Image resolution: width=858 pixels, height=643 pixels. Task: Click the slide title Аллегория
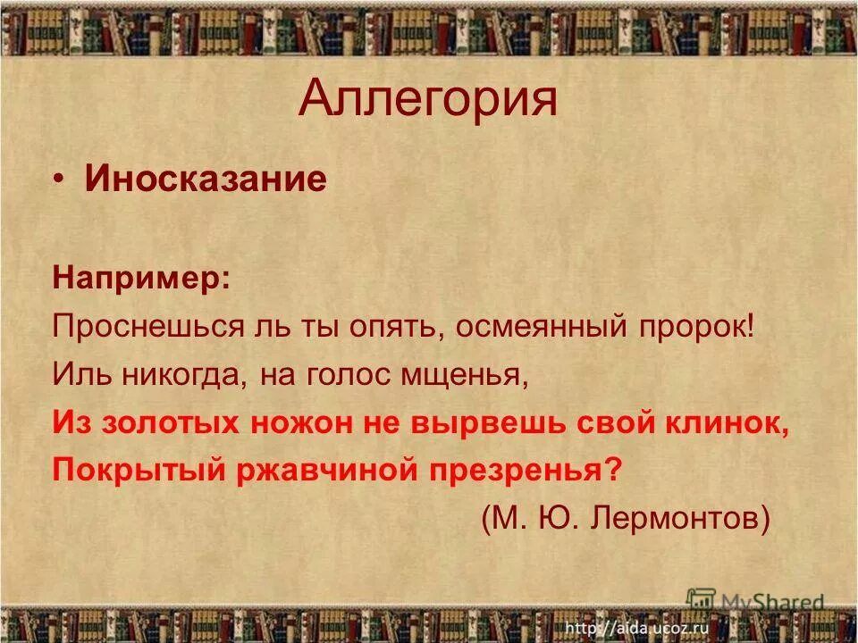pyautogui.click(x=428, y=99)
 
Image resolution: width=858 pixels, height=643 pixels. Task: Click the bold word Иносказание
pyautogui.click(x=206, y=180)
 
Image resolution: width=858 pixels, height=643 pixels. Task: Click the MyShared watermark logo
pyautogui.click(x=754, y=601)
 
